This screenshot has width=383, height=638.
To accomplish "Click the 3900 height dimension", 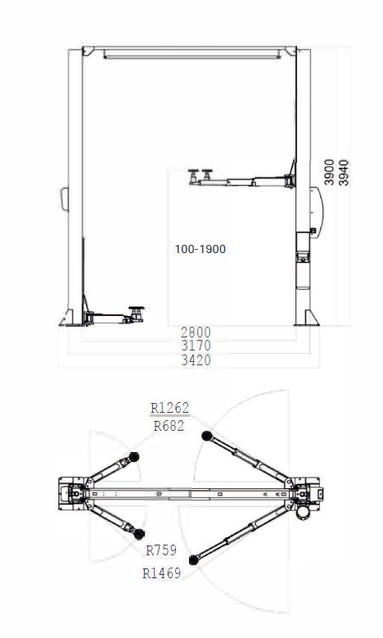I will (329, 173).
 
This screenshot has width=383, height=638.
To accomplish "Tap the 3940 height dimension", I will (344, 173).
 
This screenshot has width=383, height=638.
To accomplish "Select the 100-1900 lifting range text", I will (200, 249).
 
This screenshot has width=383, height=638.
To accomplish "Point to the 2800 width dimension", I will (196, 333).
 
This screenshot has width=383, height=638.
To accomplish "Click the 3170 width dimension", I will (196, 346).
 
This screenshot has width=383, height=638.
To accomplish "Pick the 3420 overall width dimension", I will (196, 360).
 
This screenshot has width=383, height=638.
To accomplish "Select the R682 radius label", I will (169, 425).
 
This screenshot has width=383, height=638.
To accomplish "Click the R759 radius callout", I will (160, 550).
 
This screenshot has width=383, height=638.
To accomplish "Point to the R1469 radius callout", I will (162, 573).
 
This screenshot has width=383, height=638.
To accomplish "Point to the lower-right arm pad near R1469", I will (193, 560).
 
